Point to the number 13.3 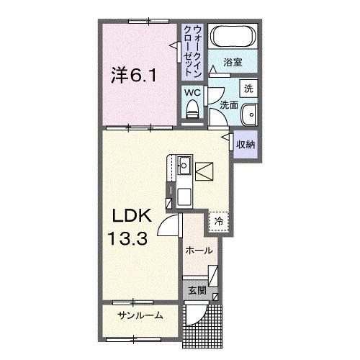(x=129, y=238)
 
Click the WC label (x=192, y=93)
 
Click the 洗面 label (x=229, y=105)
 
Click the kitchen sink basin (x=184, y=165)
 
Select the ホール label (x=198, y=251)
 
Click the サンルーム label (x=140, y=315)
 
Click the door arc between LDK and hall (x=168, y=225)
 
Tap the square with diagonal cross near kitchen (x=203, y=171)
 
